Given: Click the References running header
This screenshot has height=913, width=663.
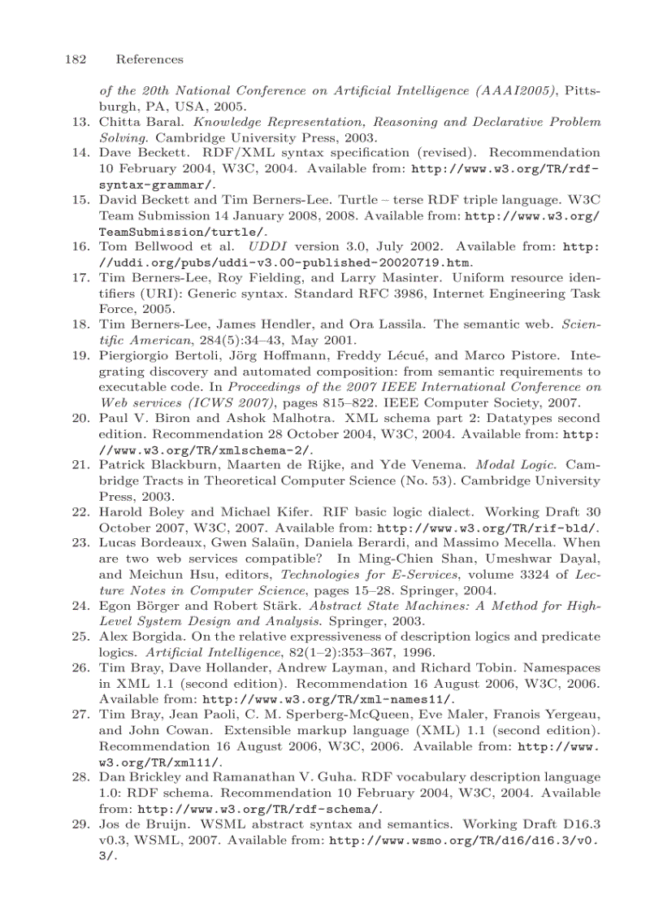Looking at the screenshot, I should [x=149, y=59].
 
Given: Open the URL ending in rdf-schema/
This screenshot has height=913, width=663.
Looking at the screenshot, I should [x=259, y=808].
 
